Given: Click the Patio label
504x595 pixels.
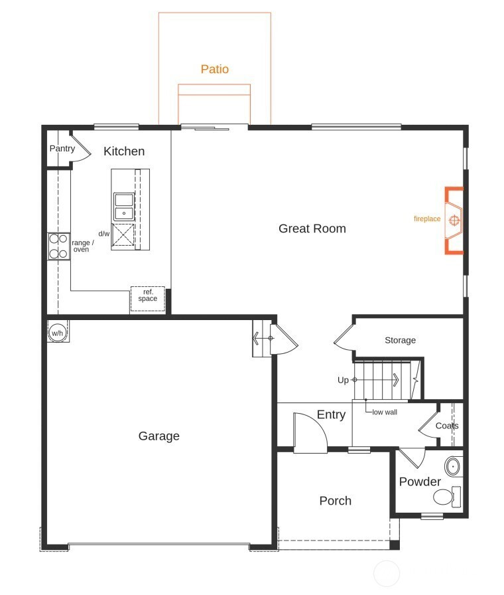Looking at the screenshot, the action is pos(214,69).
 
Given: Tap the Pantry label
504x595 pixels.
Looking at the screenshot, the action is pos(62,148).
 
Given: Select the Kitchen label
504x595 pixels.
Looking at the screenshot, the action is pos(124,151).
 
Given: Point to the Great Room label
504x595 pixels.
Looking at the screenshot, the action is pos(312,228).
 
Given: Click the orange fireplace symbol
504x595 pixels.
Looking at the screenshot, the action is pos(454,220).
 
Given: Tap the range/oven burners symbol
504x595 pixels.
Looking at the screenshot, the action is pos(59,246).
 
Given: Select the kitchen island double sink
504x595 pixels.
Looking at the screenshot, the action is pos(124,207).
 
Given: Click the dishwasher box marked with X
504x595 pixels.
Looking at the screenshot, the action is pos(123,235).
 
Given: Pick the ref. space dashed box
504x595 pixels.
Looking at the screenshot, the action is pos(148,299).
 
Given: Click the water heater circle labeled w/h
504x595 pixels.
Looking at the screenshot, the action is pos(58,333).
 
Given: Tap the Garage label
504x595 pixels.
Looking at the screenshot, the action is pos(158,436).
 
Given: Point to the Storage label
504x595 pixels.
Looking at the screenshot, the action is pos(400,340).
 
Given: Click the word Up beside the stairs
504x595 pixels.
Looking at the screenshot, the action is pos(343,380).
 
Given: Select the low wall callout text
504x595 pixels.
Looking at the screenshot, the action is pos(385,412).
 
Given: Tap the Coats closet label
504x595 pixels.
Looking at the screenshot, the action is pos(447,426).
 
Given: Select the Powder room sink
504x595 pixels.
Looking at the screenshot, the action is pos(453,466).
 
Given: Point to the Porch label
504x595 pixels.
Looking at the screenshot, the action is pos(336,501).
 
